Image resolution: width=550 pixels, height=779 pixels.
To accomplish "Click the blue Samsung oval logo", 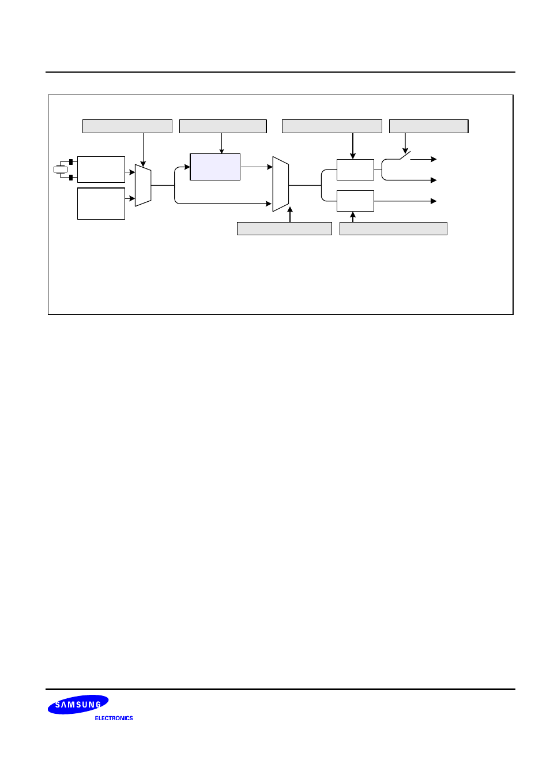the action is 78,705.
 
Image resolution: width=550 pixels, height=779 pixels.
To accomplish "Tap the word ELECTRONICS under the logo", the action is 114,718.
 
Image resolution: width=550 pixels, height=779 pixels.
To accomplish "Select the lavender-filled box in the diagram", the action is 215,167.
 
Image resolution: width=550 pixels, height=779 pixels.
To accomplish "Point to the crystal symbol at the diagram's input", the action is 61,170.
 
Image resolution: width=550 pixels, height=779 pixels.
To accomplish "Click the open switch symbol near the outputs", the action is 405,156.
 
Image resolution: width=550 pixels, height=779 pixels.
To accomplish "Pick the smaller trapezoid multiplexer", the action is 143,186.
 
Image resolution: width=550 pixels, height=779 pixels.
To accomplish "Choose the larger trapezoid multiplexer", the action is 280,184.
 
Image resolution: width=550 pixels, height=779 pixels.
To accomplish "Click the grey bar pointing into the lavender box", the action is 223,126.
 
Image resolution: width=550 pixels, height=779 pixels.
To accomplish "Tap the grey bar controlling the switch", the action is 428,126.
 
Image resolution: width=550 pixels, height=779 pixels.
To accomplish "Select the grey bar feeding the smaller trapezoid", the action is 127,126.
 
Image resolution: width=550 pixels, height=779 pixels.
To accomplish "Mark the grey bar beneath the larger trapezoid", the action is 284,229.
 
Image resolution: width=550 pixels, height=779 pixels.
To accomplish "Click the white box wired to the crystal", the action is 101,170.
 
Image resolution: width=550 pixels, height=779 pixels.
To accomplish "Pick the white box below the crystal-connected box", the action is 101,204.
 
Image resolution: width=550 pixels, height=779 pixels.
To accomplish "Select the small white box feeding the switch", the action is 355,170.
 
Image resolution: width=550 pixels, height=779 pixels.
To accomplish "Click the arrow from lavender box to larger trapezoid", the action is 257,167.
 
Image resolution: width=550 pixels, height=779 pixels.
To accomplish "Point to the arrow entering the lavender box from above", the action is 221,144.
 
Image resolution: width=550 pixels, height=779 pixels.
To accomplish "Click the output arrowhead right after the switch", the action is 434,159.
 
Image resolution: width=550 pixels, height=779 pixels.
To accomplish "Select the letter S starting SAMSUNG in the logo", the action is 58,705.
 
